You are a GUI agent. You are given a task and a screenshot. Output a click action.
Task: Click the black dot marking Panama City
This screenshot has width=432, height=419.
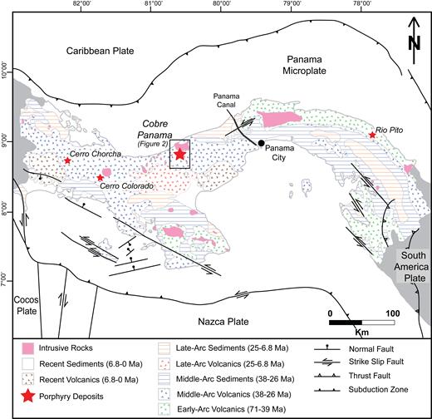261,143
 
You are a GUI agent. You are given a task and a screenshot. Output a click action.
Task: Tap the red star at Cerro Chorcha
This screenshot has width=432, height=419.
67,160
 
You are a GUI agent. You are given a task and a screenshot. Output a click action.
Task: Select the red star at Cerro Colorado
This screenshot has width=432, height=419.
101,178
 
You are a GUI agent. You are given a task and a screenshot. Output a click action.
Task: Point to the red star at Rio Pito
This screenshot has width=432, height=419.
372,135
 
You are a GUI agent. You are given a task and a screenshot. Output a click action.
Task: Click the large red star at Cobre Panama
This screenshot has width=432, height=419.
180,154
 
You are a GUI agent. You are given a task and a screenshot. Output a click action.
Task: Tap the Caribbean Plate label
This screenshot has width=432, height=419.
100,51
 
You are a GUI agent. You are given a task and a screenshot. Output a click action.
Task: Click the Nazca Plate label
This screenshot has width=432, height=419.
223,322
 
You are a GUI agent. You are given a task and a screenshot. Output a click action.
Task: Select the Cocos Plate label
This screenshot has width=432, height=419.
27,305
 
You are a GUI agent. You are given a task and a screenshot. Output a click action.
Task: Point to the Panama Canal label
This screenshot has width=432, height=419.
227,101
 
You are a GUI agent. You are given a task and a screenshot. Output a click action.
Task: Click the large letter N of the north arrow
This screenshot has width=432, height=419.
415,43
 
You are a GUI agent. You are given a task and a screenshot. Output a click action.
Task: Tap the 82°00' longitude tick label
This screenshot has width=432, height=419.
81,3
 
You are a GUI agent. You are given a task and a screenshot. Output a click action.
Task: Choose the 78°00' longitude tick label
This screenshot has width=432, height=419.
361,3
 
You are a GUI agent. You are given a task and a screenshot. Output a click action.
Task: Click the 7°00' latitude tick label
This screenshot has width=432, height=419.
3,281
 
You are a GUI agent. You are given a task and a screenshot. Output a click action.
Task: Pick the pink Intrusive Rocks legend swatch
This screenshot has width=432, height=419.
28,348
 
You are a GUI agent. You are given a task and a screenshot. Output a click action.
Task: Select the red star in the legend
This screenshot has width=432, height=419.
28,397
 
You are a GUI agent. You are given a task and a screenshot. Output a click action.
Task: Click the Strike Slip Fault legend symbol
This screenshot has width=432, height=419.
326,362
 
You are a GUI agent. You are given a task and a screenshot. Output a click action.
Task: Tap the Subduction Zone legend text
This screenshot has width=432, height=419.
378,390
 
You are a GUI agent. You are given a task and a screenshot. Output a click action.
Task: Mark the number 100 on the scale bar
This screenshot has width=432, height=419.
393,313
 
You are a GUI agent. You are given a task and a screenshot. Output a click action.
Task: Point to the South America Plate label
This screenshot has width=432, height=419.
411,267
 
